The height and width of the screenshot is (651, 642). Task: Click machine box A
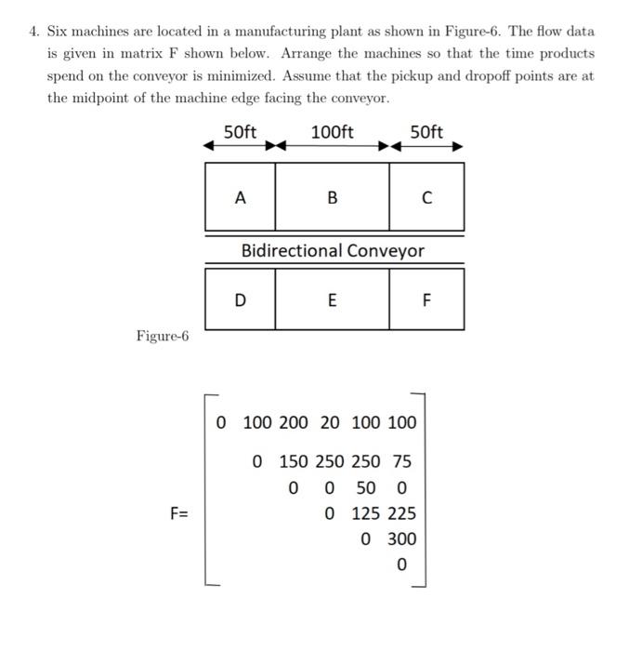coord(240,197)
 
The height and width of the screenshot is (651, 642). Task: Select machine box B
coord(332,197)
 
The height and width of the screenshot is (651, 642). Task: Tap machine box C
coord(426,197)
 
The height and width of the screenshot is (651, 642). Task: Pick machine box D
coord(240,299)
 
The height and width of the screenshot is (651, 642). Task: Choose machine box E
coord(332,299)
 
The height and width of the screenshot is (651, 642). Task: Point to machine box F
coord(426,299)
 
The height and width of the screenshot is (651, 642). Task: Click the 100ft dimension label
coord(332,132)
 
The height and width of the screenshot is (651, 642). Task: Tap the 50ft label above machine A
coord(241,132)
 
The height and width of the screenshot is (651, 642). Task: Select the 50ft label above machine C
coord(426,132)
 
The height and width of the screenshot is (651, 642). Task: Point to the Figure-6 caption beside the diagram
coord(163,336)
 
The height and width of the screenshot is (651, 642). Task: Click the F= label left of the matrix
coord(177,512)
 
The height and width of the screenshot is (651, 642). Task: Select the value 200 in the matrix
coord(294,423)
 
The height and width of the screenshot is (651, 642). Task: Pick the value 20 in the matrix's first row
coord(330,423)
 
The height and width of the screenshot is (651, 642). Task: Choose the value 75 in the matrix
coord(402,461)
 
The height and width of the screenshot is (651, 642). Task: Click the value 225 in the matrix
coord(401,512)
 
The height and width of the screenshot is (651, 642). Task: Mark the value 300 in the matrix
coord(401,538)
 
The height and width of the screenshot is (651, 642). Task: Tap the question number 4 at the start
coord(33,32)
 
